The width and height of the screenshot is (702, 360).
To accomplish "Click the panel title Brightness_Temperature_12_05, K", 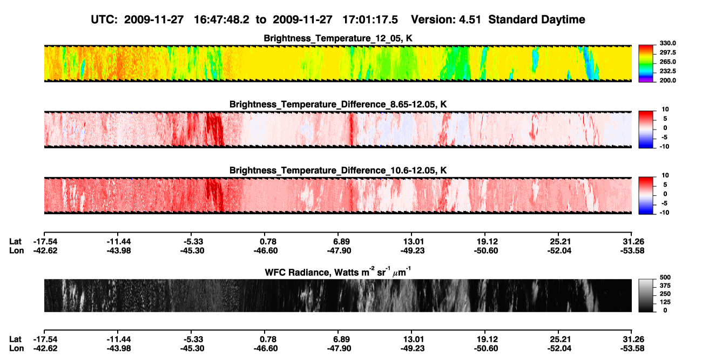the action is click(x=338, y=38).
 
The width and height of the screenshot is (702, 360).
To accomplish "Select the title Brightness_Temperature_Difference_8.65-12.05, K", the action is click(x=338, y=104).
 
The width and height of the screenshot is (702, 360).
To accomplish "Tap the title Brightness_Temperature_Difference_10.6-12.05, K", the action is click(x=338, y=171).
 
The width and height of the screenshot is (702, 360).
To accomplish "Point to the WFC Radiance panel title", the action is click(x=338, y=271).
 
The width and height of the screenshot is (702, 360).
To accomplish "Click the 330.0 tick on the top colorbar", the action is click(x=667, y=43).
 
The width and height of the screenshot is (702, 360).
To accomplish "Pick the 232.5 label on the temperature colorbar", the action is click(x=667, y=71).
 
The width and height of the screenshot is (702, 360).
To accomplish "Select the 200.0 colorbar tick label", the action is click(x=667, y=80).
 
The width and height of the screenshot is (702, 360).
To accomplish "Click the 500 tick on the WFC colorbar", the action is click(x=665, y=277).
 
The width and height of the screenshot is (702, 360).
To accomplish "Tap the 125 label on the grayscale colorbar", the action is click(x=665, y=302).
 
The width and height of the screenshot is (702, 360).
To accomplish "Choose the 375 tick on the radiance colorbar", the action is click(x=665, y=286).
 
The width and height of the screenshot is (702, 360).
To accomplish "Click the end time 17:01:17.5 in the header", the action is click(x=370, y=19).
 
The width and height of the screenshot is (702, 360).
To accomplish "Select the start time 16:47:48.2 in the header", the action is click(x=221, y=19).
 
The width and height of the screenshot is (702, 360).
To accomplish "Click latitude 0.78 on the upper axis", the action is click(x=268, y=242).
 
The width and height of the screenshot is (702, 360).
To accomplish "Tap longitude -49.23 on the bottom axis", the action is click(x=413, y=349).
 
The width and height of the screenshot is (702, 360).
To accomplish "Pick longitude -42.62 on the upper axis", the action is click(x=45, y=250).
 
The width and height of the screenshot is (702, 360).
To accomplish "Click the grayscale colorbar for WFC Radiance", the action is click(x=646, y=295).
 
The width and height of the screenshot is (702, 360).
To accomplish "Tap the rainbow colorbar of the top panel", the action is click(x=646, y=64).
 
